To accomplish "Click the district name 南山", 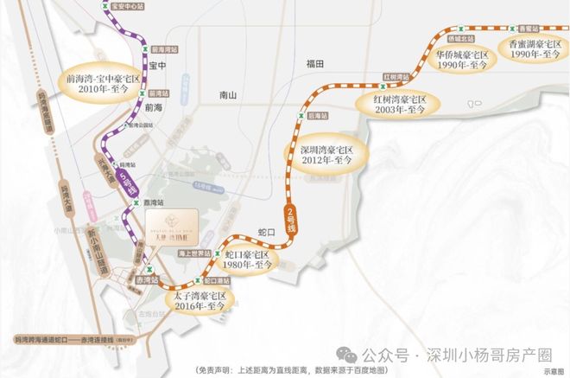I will (x=228, y=95).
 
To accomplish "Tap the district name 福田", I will (x=313, y=64).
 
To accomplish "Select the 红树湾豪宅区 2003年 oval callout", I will (x=399, y=105).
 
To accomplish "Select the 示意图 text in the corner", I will (x=553, y=370).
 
